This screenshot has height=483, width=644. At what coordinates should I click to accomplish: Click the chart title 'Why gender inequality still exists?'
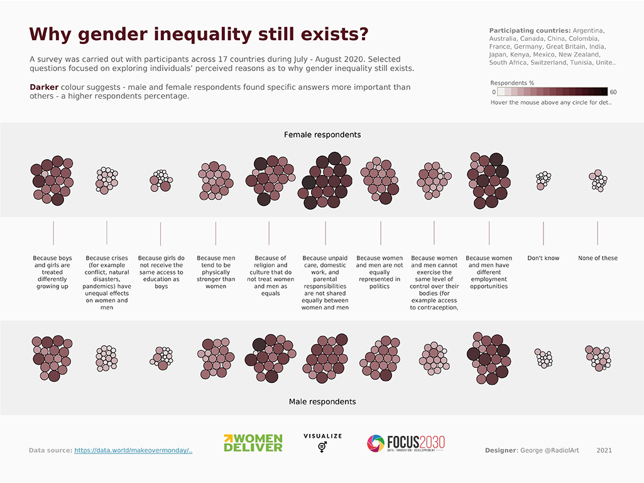[199, 34]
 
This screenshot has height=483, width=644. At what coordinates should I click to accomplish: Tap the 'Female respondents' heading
[322, 135]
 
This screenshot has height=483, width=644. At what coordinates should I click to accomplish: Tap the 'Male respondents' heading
[322, 401]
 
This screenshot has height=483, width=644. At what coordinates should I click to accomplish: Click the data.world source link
[133, 450]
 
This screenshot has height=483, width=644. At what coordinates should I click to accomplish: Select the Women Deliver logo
[253, 443]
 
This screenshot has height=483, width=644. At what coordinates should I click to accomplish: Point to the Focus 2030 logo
[406, 443]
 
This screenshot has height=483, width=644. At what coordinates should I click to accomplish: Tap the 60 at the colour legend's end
[613, 92]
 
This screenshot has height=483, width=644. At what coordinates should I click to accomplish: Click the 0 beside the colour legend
[493, 92]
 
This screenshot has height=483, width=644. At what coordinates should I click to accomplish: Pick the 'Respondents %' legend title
[512, 83]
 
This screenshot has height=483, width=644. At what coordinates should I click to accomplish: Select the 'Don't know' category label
[543, 258]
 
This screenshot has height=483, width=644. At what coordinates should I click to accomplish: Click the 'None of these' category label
[598, 258]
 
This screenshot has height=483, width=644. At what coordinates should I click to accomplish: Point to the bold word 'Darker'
[44, 87]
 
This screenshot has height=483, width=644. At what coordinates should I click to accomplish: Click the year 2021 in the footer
[604, 450]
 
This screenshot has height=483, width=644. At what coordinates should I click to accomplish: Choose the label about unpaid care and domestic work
[325, 282]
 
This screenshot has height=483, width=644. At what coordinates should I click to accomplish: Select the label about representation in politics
[379, 272]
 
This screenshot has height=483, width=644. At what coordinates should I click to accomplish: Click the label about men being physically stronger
[216, 272]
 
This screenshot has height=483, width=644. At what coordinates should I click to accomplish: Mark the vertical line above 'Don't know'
[543, 233]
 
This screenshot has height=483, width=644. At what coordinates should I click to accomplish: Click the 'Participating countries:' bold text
[530, 30]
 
